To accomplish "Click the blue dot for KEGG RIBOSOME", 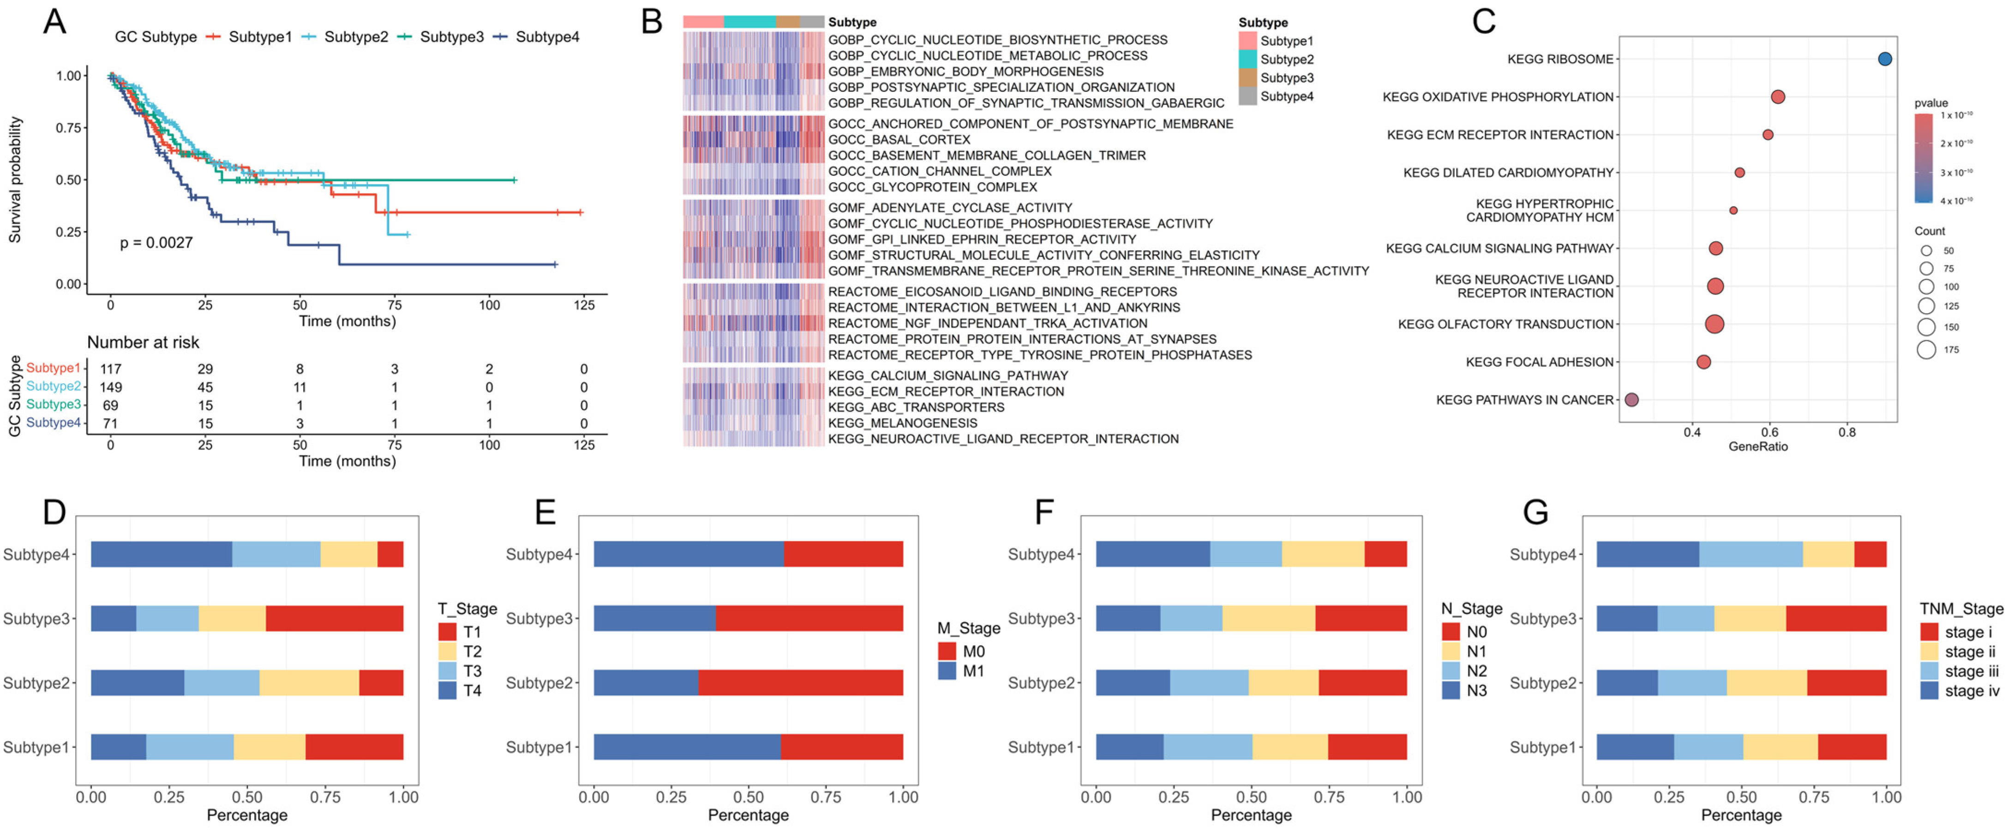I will point(1884,59).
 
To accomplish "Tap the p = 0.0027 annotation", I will point(156,243).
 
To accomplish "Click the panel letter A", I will point(54,22).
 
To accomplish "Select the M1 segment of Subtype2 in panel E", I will point(646,683).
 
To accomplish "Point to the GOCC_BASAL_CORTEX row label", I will point(899,140).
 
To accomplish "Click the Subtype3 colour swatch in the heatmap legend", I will point(1248,78).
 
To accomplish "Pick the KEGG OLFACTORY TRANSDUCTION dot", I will point(1714,324).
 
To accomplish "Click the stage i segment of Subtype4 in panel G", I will point(1870,554).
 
